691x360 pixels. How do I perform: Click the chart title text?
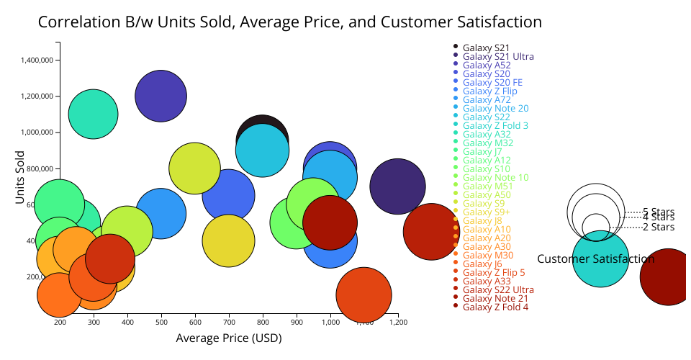pyautogui.click(x=289, y=22)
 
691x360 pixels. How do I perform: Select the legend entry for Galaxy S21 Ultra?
pyautogui.click(x=498, y=56)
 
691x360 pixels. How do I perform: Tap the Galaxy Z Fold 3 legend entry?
pyautogui.click(x=495, y=125)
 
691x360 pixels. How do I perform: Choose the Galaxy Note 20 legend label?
pyautogui.click(x=495, y=108)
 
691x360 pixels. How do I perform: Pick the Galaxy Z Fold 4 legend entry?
pyautogui.click(x=495, y=307)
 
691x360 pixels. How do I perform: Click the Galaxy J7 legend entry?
pyautogui.click(x=482, y=151)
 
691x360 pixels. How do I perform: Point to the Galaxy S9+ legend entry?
pyautogui.click(x=486, y=212)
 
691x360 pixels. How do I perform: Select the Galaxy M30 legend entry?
pyautogui.click(x=488, y=255)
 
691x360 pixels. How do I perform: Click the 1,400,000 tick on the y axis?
pyautogui.click(x=37, y=60)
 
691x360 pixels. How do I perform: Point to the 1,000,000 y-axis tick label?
pyautogui.click(x=37, y=132)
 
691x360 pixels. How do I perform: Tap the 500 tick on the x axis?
pyautogui.click(x=161, y=322)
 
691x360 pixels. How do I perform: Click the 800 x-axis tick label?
pyautogui.click(x=263, y=322)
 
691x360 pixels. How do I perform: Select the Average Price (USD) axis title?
pyautogui.click(x=229, y=338)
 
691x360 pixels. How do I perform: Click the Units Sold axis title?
pyautogui.click(x=21, y=177)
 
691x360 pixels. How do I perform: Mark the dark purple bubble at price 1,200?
pyautogui.click(x=397, y=186)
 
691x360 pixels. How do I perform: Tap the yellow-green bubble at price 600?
pyautogui.click(x=194, y=168)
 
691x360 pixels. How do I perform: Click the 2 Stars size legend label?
pyautogui.click(x=658, y=228)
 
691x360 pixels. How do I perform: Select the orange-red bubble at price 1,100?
pyautogui.click(x=363, y=294)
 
